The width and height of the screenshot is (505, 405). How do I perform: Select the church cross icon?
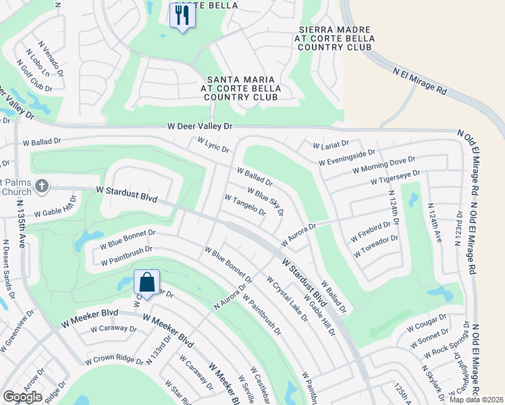click(42, 186)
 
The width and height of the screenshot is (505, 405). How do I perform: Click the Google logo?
click(22, 397)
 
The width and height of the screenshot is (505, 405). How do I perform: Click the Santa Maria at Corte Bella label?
click(240, 88)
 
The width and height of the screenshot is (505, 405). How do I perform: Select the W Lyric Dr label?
click(213, 145)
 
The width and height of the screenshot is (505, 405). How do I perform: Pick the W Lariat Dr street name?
click(331, 144)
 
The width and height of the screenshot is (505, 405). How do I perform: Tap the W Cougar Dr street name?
click(427, 323)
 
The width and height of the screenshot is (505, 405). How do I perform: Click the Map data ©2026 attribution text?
click(475, 400)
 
